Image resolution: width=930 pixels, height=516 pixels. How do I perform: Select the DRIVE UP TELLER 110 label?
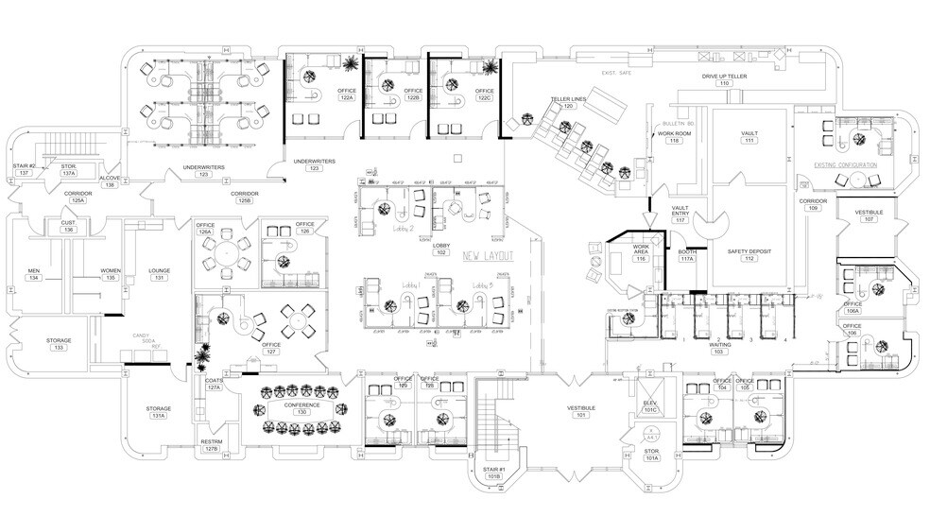(x=725, y=79)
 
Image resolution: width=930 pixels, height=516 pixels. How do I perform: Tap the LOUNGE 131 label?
(x=160, y=274)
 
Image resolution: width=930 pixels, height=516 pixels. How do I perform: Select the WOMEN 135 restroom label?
(x=111, y=274)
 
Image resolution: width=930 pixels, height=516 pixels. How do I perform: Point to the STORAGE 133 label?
(x=60, y=344)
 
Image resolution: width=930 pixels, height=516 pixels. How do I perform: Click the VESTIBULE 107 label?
(x=869, y=216)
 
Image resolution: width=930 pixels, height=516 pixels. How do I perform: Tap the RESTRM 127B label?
(x=211, y=445)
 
